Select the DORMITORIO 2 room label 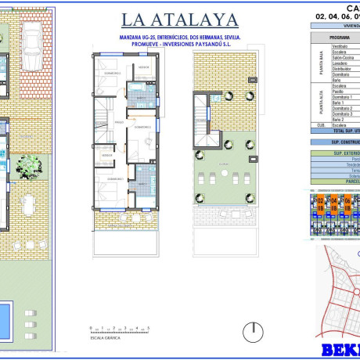pyautogui.click(x=142, y=126)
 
